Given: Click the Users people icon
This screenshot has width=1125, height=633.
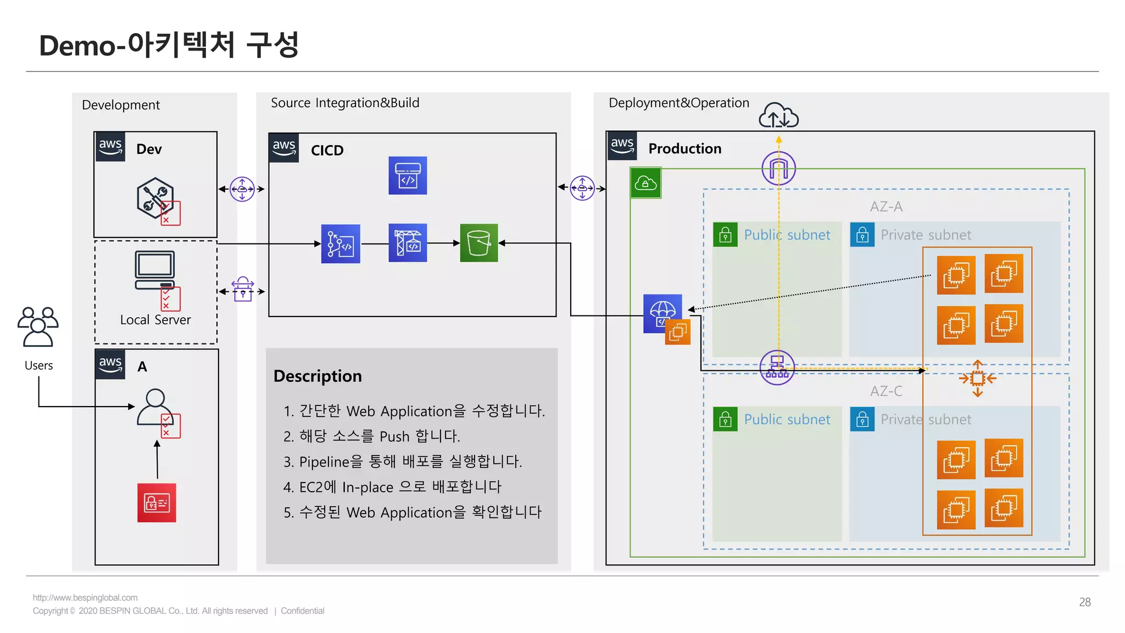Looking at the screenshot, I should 38,327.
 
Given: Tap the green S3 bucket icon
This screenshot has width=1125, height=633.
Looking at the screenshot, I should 478,243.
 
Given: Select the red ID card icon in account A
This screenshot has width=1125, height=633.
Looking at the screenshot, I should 157,503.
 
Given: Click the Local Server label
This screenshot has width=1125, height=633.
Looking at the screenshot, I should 155,320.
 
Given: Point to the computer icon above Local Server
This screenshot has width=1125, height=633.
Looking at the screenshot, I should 155,270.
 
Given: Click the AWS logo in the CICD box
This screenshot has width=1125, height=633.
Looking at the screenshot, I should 284,147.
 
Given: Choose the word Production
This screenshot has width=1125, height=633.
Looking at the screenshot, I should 684,149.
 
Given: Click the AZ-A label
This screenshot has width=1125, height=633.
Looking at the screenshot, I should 885,207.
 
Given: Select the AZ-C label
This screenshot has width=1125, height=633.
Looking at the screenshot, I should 885,391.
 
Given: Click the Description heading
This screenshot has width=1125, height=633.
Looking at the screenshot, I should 318,376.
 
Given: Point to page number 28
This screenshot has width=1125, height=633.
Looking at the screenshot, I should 1084,602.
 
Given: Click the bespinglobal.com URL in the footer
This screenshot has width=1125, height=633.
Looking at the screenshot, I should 85,598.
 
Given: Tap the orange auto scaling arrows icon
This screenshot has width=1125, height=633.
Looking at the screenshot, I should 977,378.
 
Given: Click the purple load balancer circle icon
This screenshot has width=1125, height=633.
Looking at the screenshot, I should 777,367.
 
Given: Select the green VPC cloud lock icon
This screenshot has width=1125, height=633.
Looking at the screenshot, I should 645,183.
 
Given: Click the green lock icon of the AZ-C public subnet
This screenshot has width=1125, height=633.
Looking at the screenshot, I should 725,419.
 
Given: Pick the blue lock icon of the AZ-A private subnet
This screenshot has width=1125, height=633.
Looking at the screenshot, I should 862,235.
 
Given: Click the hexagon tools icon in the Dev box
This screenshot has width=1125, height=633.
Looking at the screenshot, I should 155,198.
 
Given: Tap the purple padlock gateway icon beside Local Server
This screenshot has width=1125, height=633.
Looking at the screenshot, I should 242,290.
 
